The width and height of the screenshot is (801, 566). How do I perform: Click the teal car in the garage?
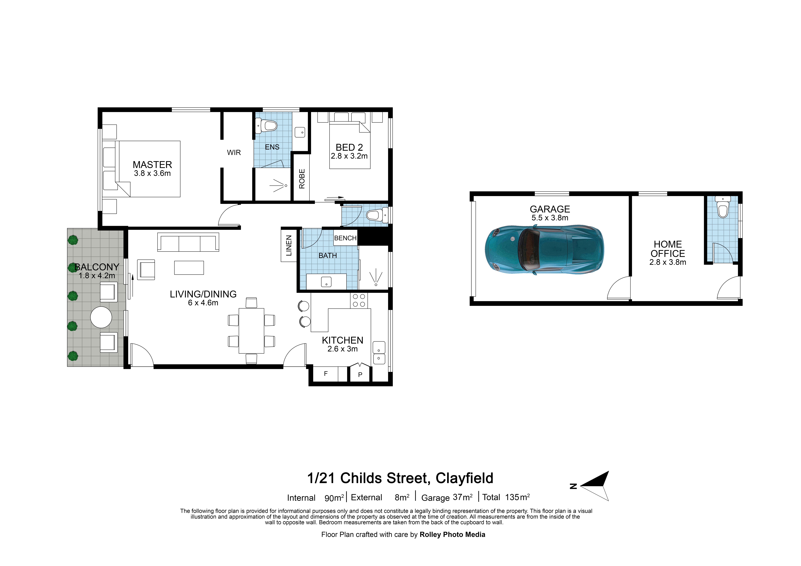pyautogui.click(x=544, y=249)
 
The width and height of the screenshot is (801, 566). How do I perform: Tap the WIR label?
pyautogui.click(x=234, y=152)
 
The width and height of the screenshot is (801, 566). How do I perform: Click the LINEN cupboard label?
pyautogui.click(x=289, y=246)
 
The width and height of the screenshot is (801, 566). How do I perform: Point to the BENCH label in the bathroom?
pyautogui.click(x=345, y=238)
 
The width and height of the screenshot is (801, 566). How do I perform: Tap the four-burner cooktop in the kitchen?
pyautogui.click(x=359, y=300)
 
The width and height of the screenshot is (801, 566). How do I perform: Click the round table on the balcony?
pyautogui.click(x=101, y=317)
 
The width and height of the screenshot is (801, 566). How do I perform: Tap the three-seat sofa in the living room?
pyautogui.click(x=188, y=242)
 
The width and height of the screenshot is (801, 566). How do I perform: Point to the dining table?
pyautogui.click(x=251, y=331)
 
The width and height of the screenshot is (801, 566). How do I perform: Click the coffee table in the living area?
pyautogui.click(x=189, y=268)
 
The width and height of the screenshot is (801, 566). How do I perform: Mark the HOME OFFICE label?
pyautogui.click(x=668, y=249)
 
